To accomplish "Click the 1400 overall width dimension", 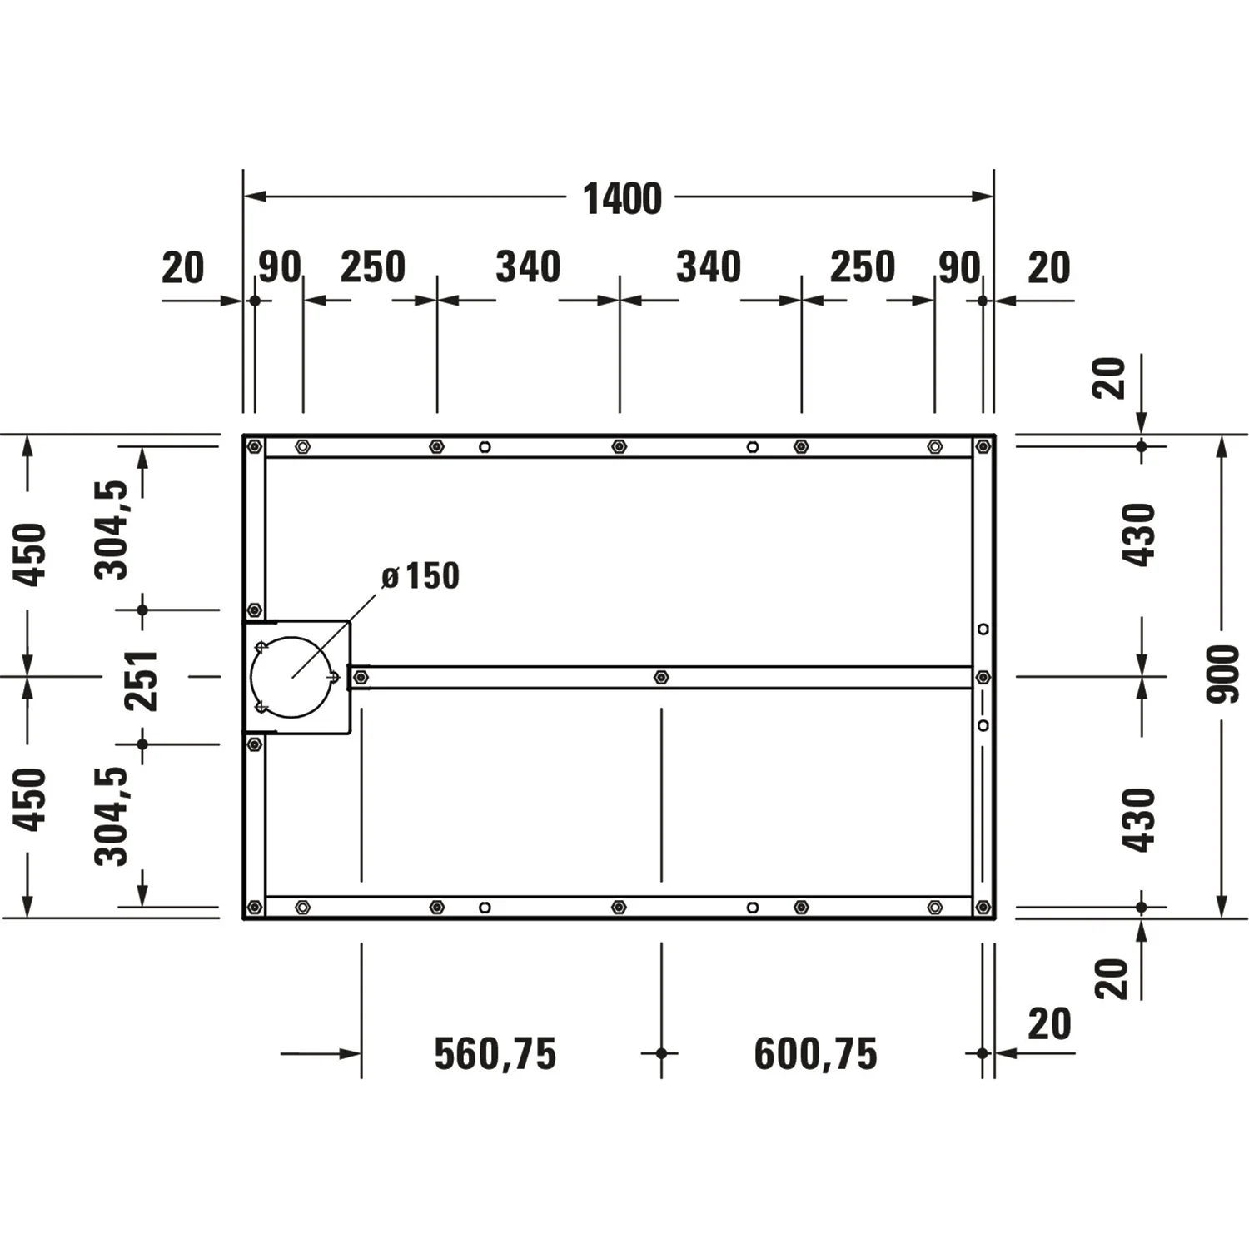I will (x=622, y=199).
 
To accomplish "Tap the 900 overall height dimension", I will (x=1222, y=673).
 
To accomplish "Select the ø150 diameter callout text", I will (x=420, y=576).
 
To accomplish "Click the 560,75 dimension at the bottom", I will (x=495, y=1054).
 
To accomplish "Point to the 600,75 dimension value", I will (x=815, y=1054).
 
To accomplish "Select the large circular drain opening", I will (x=292, y=677).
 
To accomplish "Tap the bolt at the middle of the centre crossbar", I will (x=661, y=677).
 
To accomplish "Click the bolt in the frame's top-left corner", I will (x=255, y=447).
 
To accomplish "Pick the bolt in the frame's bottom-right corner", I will (x=983, y=907).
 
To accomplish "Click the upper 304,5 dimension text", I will (x=112, y=530).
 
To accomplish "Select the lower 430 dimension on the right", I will (x=1139, y=819).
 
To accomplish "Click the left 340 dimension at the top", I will (x=528, y=267).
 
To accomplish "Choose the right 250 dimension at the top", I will (x=862, y=267).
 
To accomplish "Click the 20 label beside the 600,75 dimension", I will (x=1049, y=1024).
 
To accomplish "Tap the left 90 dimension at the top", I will (x=279, y=267).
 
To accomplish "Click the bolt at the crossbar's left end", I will (x=361, y=678).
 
